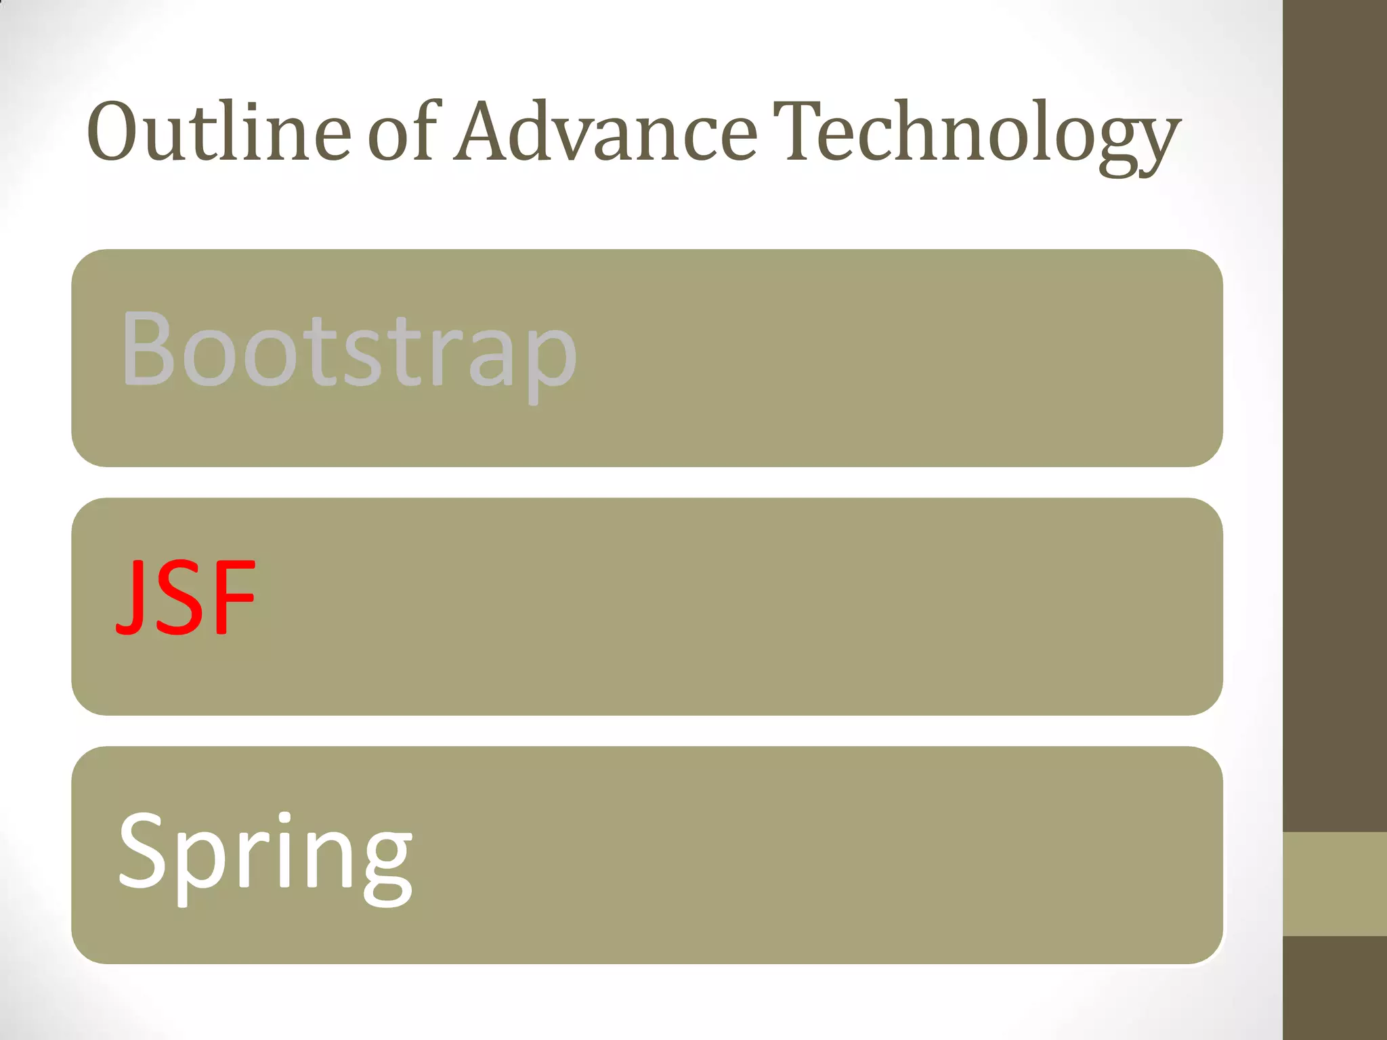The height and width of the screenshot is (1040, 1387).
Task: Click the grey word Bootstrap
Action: point(348,352)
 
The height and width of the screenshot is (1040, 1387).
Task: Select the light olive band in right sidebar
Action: point(1335,884)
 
